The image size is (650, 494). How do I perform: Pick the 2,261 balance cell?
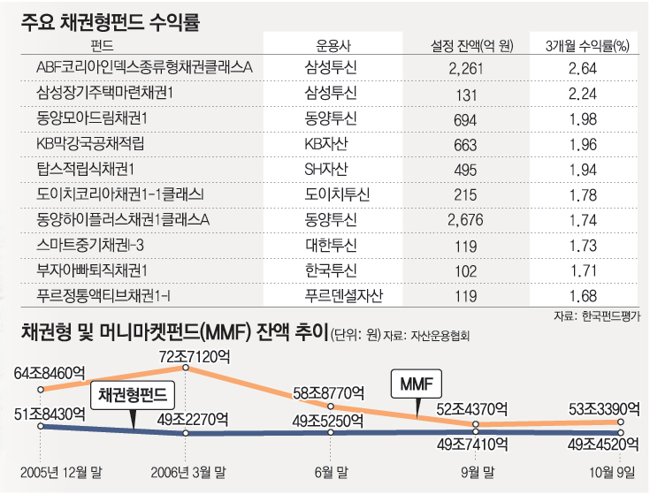point(465,68)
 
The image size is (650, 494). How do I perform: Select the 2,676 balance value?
point(465,218)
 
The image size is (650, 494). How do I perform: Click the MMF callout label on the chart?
point(416,384)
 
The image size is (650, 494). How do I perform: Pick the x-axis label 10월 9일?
point(612,473)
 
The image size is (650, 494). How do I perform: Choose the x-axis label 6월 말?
point(332,473)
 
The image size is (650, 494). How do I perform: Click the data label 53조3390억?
point(601,407)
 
